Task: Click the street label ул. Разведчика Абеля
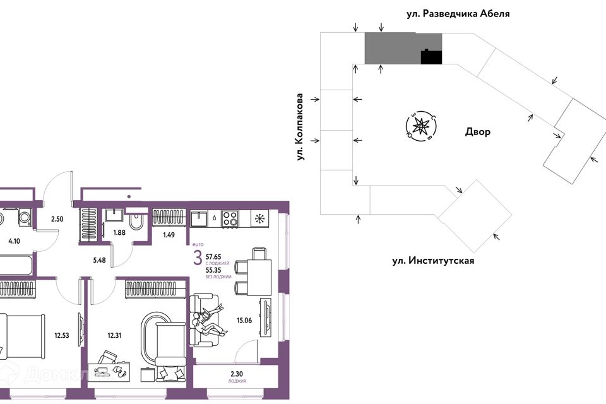click(x=458, y=13)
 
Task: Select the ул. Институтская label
click(x=432, y=260)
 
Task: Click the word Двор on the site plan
click(x=477, y=132)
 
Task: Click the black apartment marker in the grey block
click(x=431, y=57)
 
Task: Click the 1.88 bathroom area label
click(x=119, y=233)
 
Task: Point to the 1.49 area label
click(x=169, y=235)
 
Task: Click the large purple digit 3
click(x=198, y=258)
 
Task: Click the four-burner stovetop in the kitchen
click(x=230, y=218)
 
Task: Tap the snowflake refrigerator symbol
click(x=259, y=218)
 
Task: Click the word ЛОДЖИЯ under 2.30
click(x=237, y=381)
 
